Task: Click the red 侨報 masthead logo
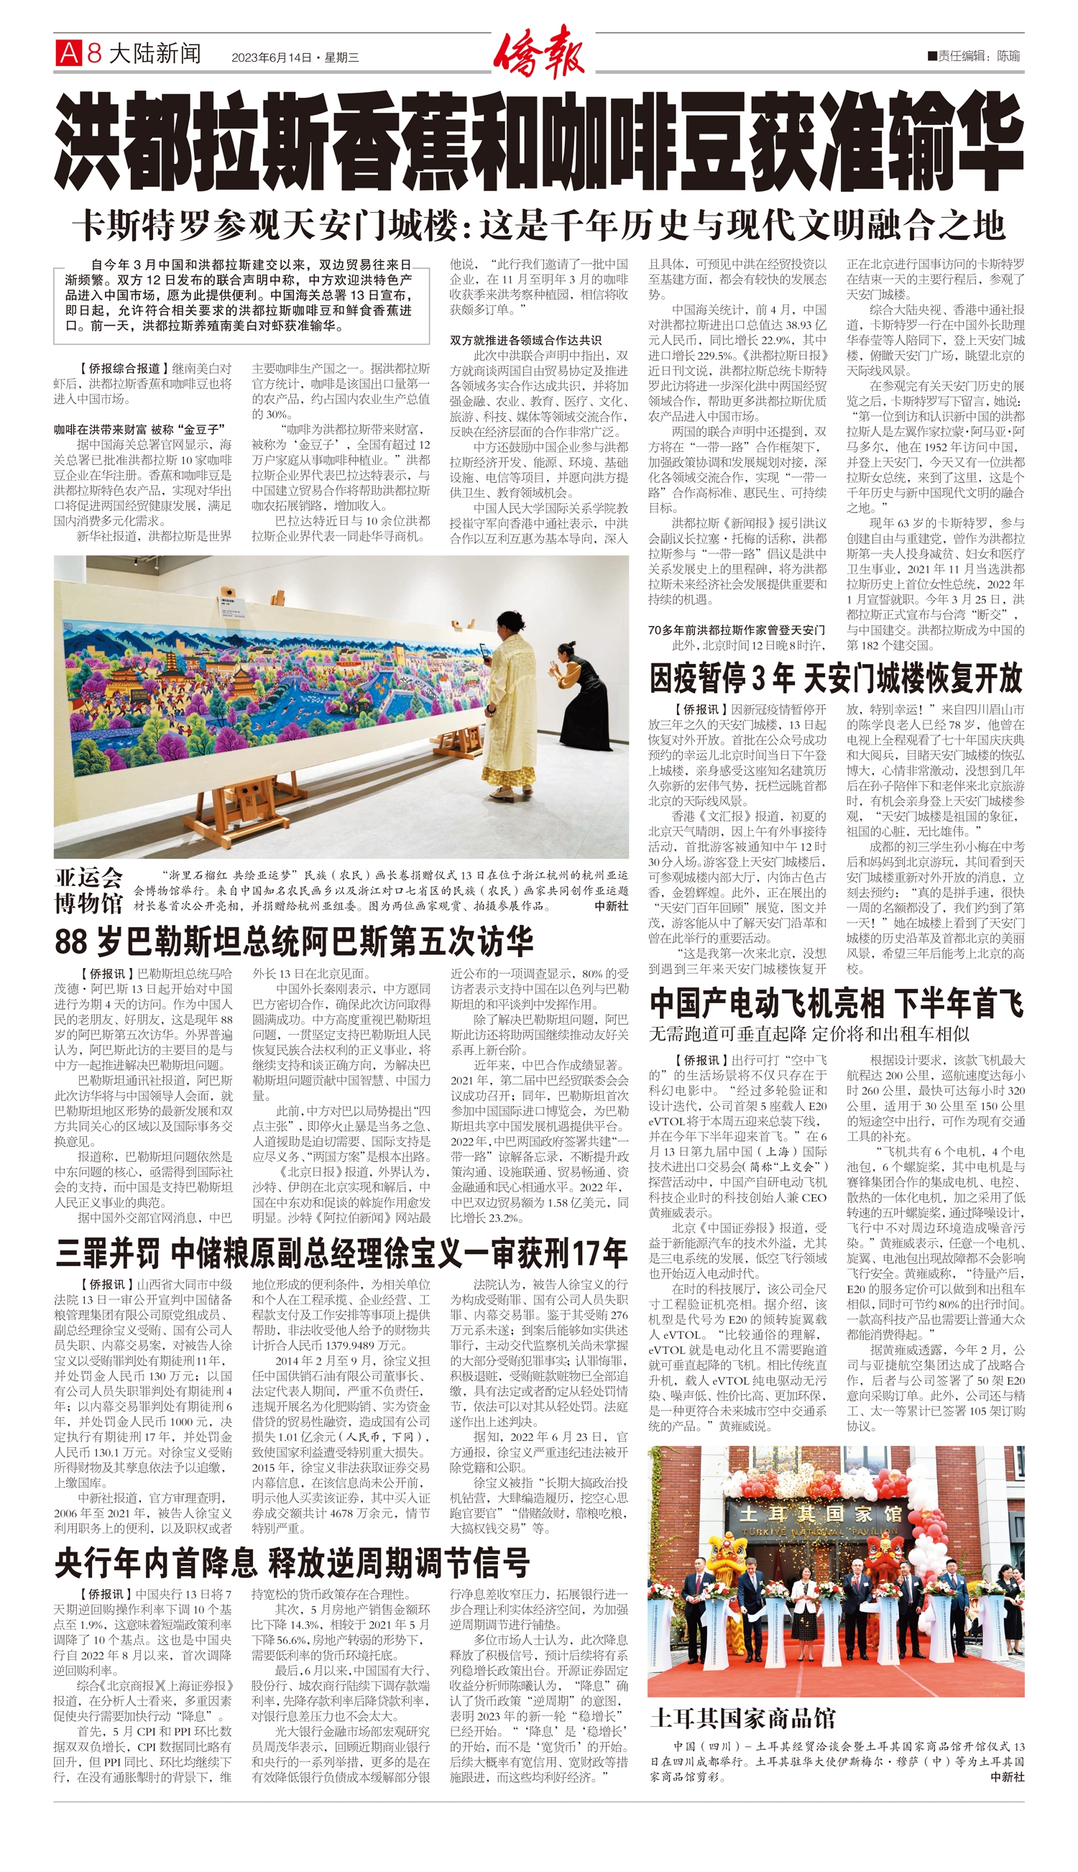539,51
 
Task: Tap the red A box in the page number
68,53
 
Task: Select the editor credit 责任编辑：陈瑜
978,55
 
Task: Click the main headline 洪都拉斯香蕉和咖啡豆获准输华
539,141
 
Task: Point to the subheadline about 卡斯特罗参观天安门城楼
539,225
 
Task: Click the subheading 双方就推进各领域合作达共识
525,340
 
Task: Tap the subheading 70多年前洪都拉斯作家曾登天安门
736,630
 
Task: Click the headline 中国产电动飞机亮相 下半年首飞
836,1003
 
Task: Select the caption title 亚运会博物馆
89,890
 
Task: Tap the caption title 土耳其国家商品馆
742,1718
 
